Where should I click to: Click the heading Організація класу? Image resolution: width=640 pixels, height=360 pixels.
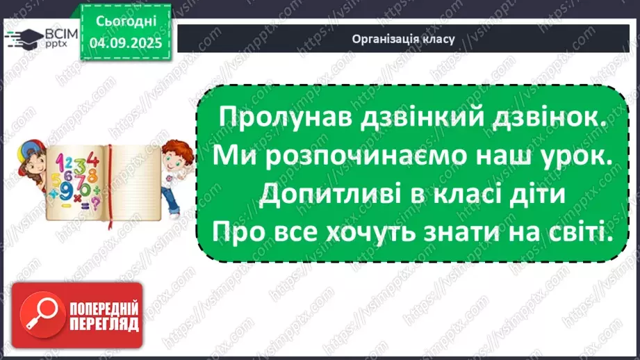403,39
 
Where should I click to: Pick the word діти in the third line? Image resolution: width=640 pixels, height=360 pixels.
534,196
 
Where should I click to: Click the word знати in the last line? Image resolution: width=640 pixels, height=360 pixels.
484,235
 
